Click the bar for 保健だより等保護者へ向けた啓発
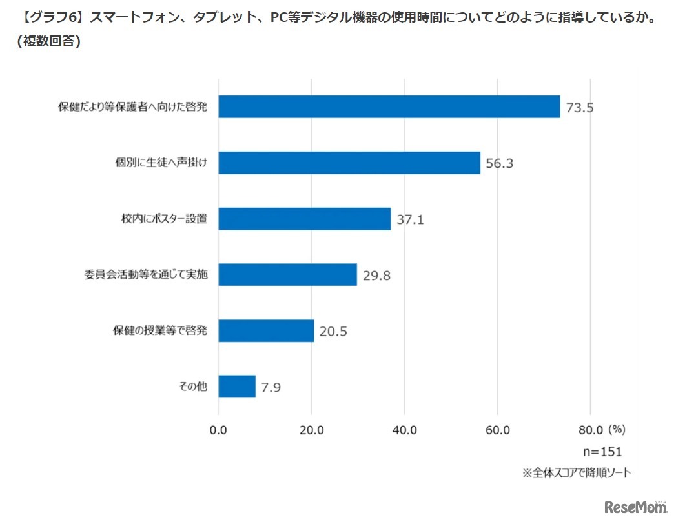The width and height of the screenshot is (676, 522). coord(389,106)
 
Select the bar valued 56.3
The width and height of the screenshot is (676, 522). coord(349,163)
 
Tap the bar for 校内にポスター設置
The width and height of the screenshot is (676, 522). coord(304,219)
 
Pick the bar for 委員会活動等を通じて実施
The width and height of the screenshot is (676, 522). coord(287,275)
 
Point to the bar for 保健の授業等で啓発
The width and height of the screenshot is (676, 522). coord(266,331)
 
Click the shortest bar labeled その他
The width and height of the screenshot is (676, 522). coord(237,386)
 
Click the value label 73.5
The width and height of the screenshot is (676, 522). coord(579,108)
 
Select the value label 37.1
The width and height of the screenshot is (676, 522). coord(410,220)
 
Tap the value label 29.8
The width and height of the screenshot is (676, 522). coord(376,276)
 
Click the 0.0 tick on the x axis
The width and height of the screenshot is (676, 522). coord(218,430)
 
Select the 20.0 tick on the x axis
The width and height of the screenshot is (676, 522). coord(311,430)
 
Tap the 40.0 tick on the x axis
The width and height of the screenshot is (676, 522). coord(404,430)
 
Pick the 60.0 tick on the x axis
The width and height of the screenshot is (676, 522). coord(497,430)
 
